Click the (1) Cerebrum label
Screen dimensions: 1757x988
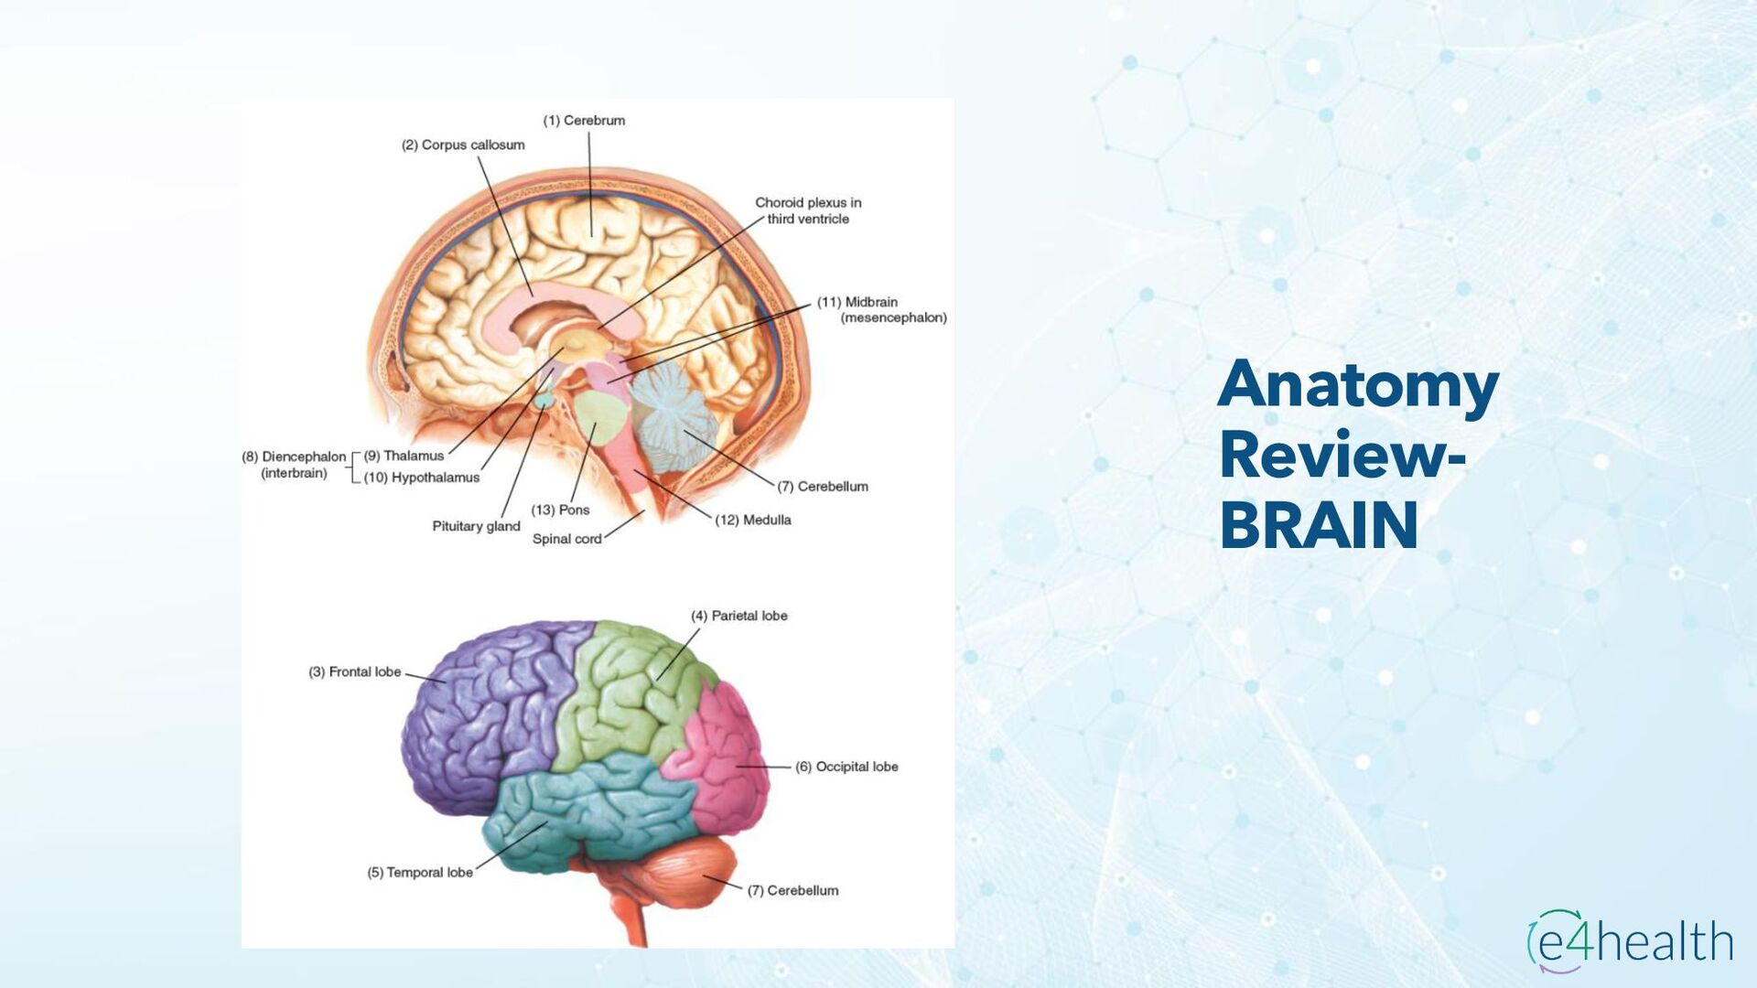[x=584, y=121]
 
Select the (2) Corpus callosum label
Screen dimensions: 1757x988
[x=463, y=145]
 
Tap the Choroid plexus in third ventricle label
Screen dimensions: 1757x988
[x=808, y=210]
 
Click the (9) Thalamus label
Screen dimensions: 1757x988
[x=404, y=456]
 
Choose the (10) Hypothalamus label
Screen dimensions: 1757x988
[x=422, y=478]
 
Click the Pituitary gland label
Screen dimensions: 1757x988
[x=476, y=526]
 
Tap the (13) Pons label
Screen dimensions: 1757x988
[x=560, y=510]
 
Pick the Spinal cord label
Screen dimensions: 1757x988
[x=566, y=539]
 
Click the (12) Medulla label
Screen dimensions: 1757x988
[x=753, y=520]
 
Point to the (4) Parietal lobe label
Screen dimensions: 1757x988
[x=739, y=616]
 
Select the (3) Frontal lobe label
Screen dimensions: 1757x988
[x=355, y=671]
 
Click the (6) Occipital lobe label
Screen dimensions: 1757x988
[x=846, y=767]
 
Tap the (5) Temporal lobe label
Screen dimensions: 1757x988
[x=420, y=873]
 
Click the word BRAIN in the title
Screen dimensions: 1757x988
[x=1319, y=525]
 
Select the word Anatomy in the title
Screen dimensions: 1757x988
[x=1358, y=386]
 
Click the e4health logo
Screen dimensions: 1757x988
[x=1630, y=941]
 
